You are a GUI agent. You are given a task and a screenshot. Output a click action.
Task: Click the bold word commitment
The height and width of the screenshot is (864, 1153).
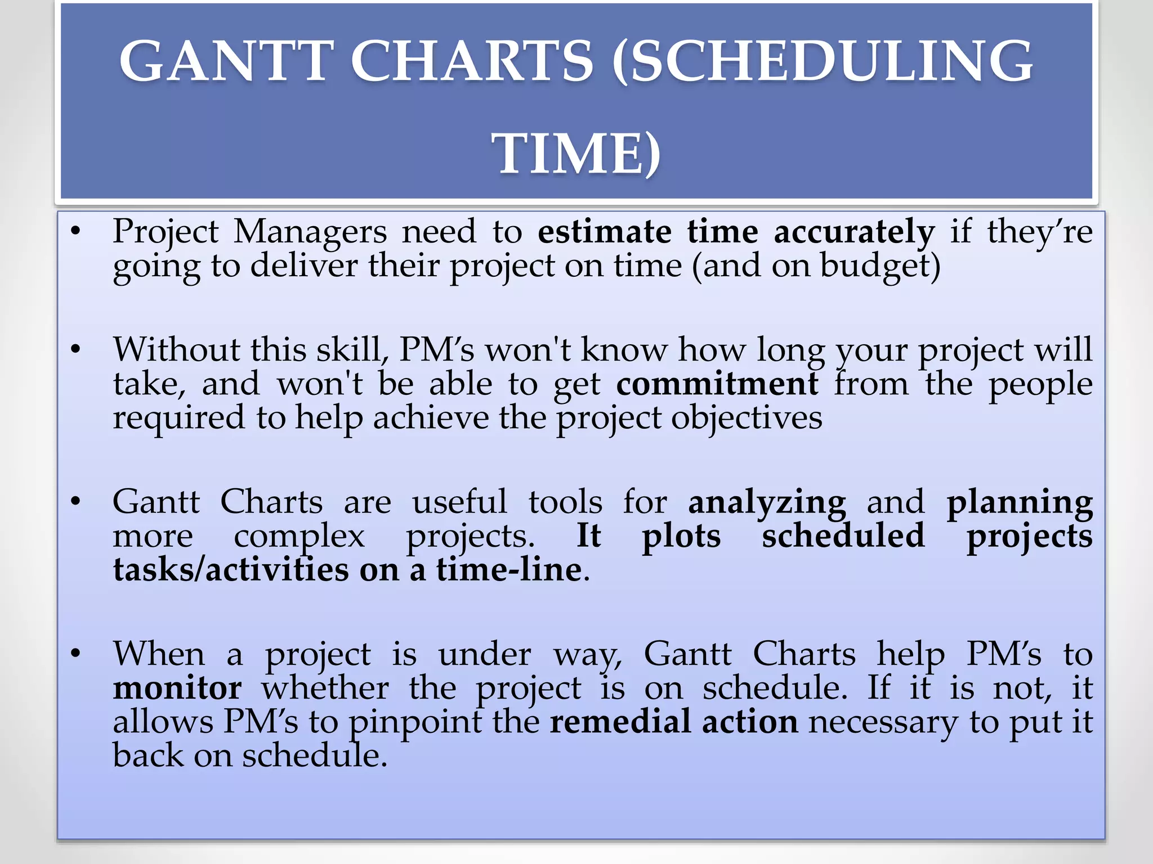[717, 384]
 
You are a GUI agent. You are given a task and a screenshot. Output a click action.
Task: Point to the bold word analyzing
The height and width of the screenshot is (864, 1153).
[766, 502]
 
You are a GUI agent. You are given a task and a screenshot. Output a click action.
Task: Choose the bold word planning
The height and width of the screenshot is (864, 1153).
[1019, 502]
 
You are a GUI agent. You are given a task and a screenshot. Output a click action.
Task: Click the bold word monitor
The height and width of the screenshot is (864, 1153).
[177, 688]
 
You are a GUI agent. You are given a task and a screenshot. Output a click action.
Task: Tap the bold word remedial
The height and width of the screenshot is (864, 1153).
[620, 722]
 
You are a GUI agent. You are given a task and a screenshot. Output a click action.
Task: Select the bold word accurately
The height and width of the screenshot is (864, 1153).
[853, 232]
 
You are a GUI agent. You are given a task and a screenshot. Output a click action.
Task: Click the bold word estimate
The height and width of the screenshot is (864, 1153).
[604, 232]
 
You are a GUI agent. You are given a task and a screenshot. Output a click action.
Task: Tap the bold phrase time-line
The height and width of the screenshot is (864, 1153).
[508, 570]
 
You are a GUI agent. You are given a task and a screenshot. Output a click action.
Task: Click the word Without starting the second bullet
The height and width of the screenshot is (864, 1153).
[176, 350]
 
